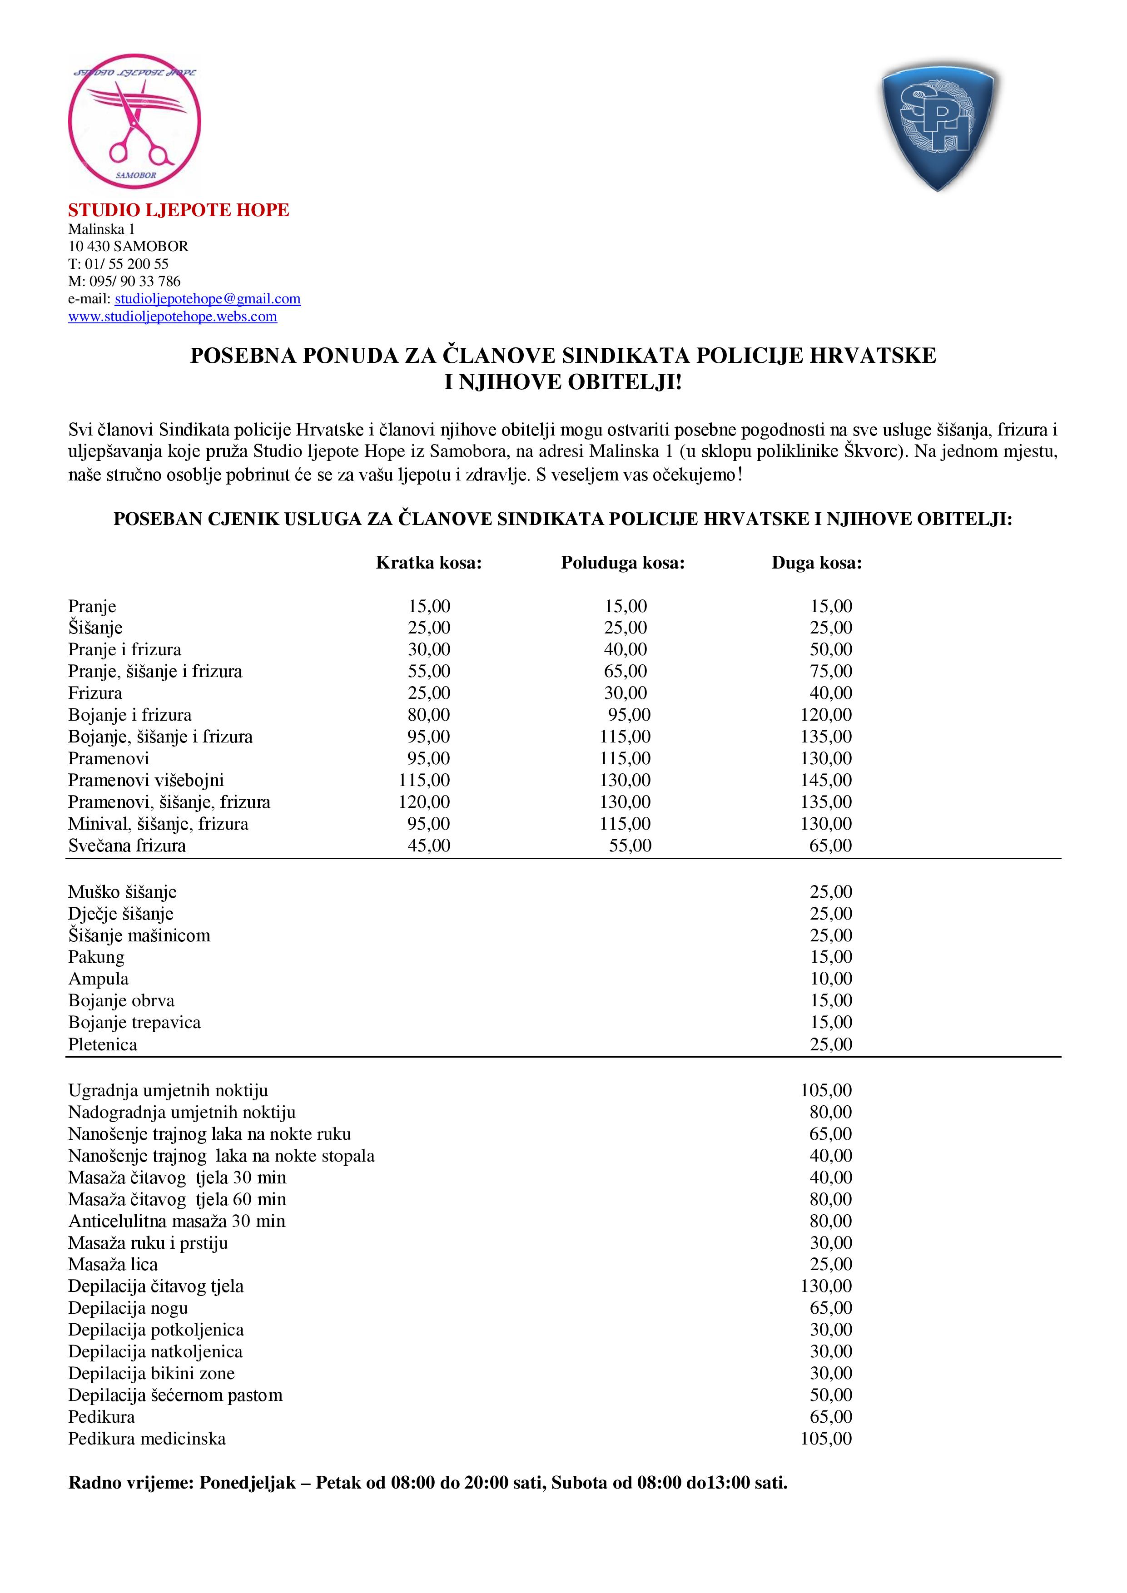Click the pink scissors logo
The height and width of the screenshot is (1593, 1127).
click(134, 126)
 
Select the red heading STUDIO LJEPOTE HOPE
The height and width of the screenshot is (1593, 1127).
click(179, 210)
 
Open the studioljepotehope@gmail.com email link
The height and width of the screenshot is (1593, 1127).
click(208, 299)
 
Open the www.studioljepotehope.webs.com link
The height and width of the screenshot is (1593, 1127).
click(172, 317)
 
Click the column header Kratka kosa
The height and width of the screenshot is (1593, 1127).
click(428, 563)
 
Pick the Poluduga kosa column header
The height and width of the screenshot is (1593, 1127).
click(622, 563)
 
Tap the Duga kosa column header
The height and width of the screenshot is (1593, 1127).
click(816, 563)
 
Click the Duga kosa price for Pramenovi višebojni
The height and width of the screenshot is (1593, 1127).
click(826, 780)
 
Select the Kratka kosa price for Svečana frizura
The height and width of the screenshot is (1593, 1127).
click(429, 845)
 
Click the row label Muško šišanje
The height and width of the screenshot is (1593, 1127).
click(122, 891)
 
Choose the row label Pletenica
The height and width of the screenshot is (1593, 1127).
click(103, 1044)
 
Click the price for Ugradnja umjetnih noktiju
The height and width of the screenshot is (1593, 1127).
click(826, 1090)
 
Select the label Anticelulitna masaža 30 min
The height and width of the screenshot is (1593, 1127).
click(177, 1221)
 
